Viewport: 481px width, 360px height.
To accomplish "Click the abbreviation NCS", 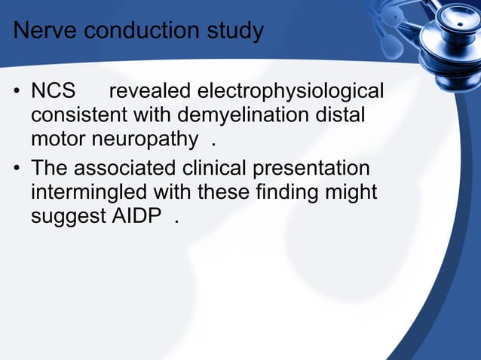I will [x=54, y=92].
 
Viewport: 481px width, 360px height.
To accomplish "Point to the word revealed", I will [x=150, y=92].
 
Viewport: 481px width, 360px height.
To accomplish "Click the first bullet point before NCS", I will [x=16, y=93].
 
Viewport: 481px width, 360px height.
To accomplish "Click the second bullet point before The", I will [x=16, y=169].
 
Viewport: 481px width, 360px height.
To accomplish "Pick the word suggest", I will [x=64, y=218].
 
